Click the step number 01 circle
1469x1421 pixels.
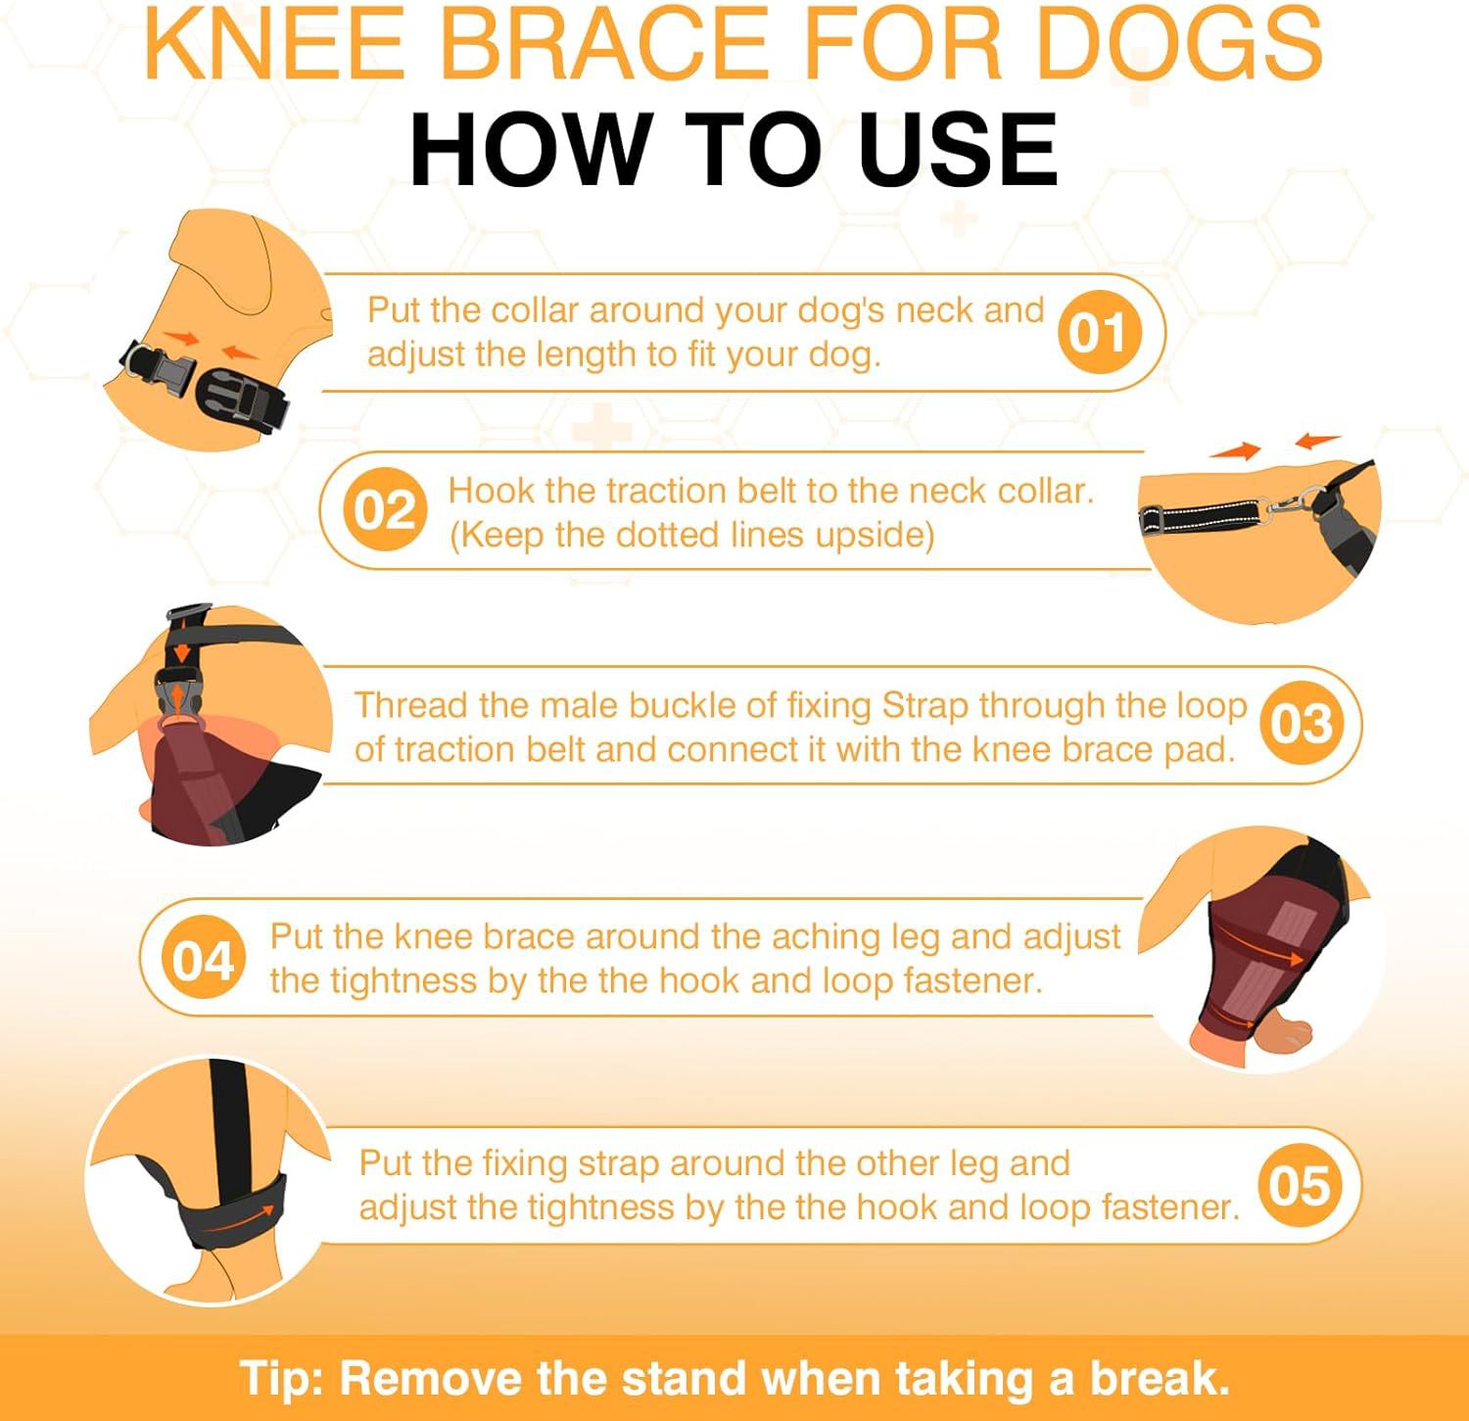coord(1099,332)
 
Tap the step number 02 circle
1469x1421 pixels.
coord(385,510)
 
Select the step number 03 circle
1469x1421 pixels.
coord(1301,724)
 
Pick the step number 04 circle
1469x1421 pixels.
coord(203,960)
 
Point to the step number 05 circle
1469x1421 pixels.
coord(1300,1186)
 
